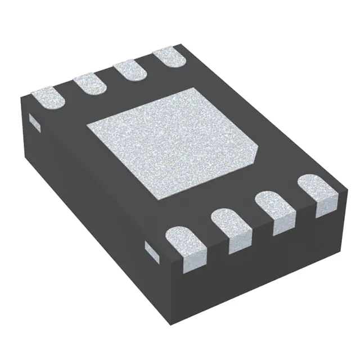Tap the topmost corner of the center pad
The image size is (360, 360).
tap(194, 88)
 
